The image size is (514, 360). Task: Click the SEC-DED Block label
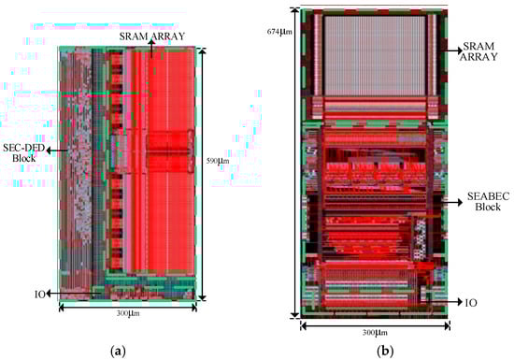pos(24,153)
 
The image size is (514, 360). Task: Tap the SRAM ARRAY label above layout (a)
pos(152,36)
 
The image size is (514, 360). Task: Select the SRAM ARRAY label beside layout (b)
pos(478,51)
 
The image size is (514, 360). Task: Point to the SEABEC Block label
pos(488,201)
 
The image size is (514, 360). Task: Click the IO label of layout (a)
pos(39,295)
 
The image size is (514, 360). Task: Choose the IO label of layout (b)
pos(471,303)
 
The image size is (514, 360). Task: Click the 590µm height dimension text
pos(218,161)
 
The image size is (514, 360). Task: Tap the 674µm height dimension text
pos(279,32)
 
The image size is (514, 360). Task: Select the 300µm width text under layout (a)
pos(128,313)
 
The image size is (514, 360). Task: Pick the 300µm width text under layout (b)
pos(375,333)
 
